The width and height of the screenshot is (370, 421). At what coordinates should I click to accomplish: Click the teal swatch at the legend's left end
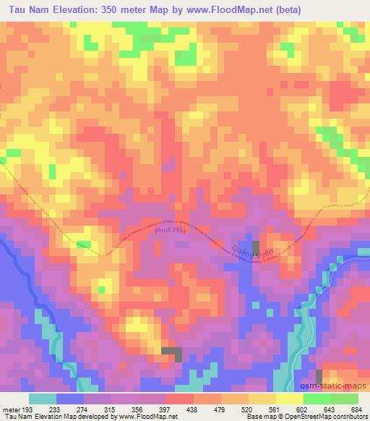pos(43,398)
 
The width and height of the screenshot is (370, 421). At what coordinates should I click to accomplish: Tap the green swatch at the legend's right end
pos(344,398)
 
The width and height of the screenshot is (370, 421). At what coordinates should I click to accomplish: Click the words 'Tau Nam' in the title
pos(24,9)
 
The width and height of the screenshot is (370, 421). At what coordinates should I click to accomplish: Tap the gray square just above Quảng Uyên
pos(255,246)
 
